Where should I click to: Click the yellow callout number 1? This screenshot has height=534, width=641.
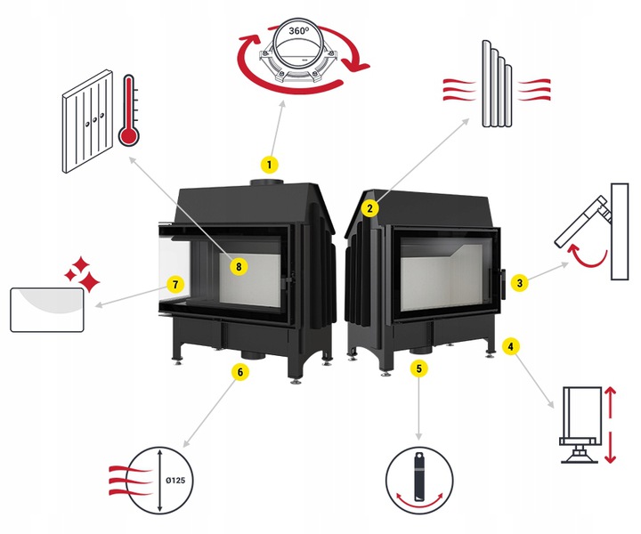click(268, 164)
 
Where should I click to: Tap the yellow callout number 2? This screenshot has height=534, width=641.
click(368, 209)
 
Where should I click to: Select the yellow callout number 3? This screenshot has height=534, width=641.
click(521, 284)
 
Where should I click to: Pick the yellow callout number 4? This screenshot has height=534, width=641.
click(509, 345)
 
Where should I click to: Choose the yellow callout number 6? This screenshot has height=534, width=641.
click(238, 371)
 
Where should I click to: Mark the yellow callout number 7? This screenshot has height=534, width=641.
click(176, 285)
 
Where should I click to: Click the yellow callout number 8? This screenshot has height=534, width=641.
click(239, 265)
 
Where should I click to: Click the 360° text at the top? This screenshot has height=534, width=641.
click(298, 31)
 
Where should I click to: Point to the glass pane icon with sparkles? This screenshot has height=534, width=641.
click(47, 308)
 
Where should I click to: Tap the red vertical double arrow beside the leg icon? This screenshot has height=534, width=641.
click(611, 425)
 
